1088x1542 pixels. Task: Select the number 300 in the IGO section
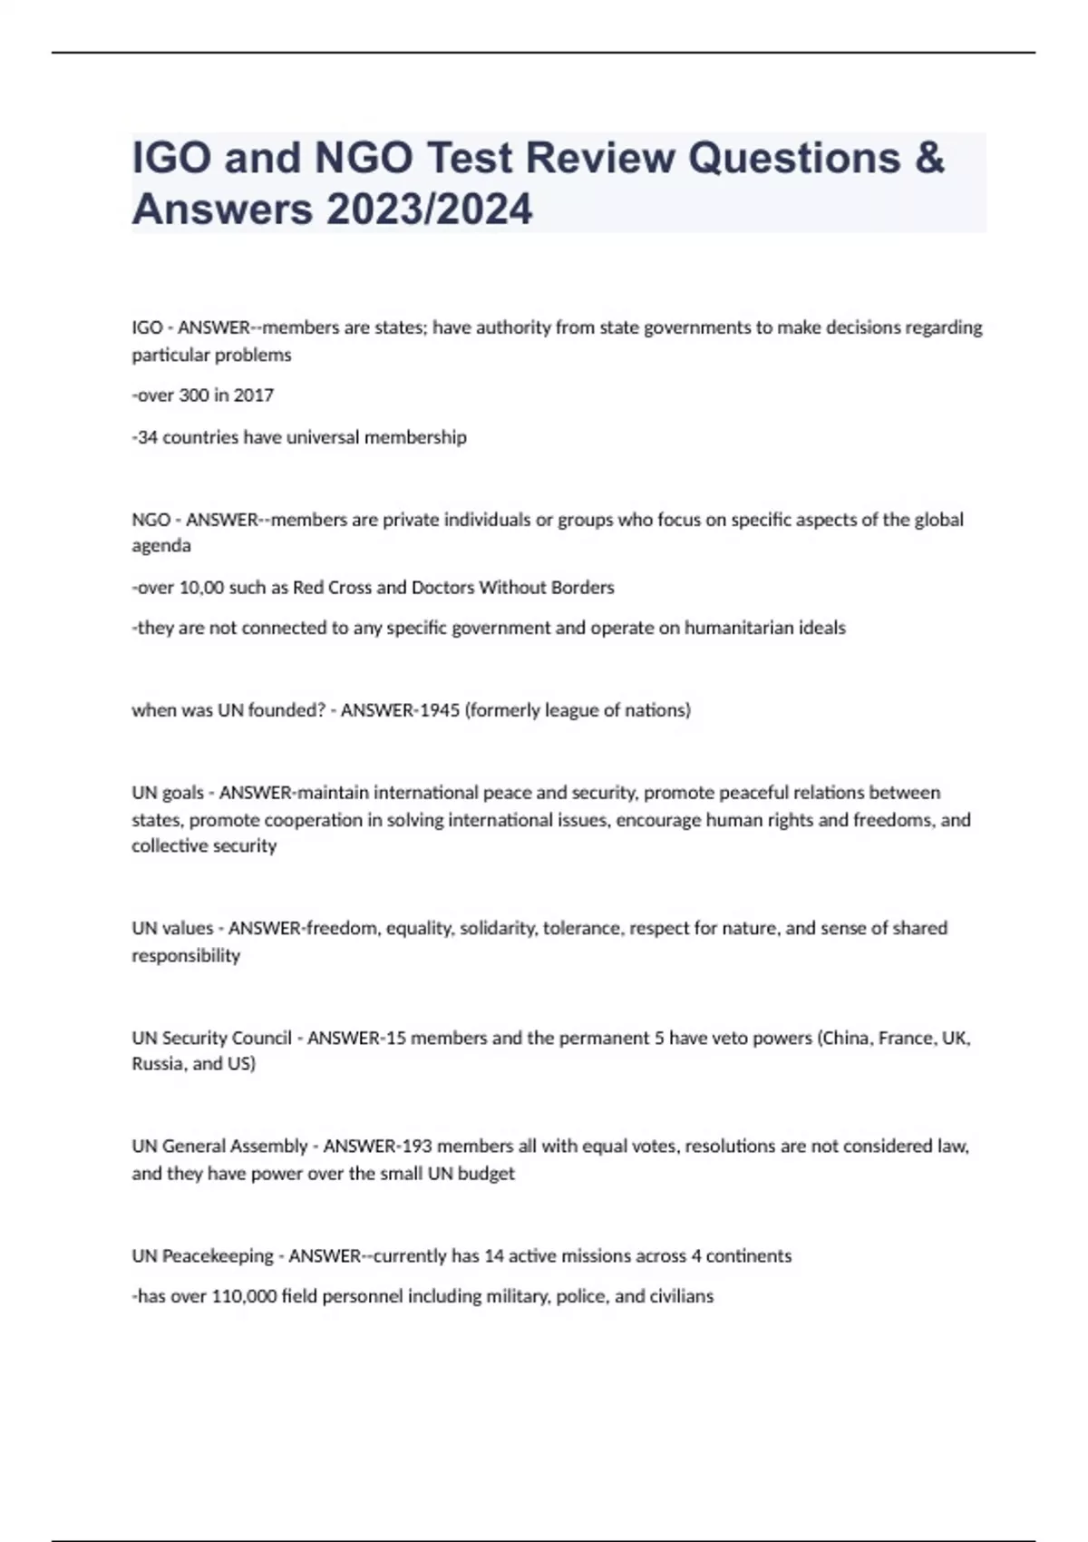pyautogui.click(x=195, y=395)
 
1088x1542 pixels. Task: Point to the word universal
pyautogui.click(x=323, y=437)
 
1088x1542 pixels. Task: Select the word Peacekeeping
pyautogui.click(x=218, y=1256)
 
